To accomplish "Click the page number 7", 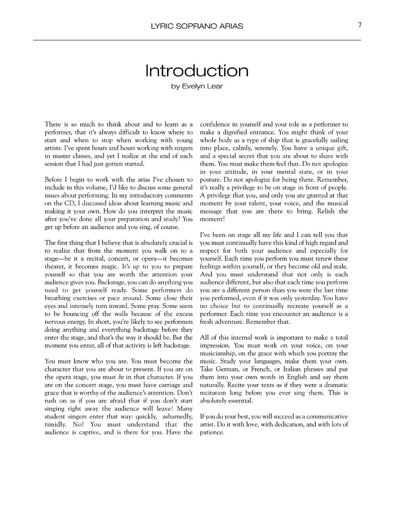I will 359,26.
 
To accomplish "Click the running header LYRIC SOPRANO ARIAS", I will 197,26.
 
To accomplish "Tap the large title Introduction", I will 197,71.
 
